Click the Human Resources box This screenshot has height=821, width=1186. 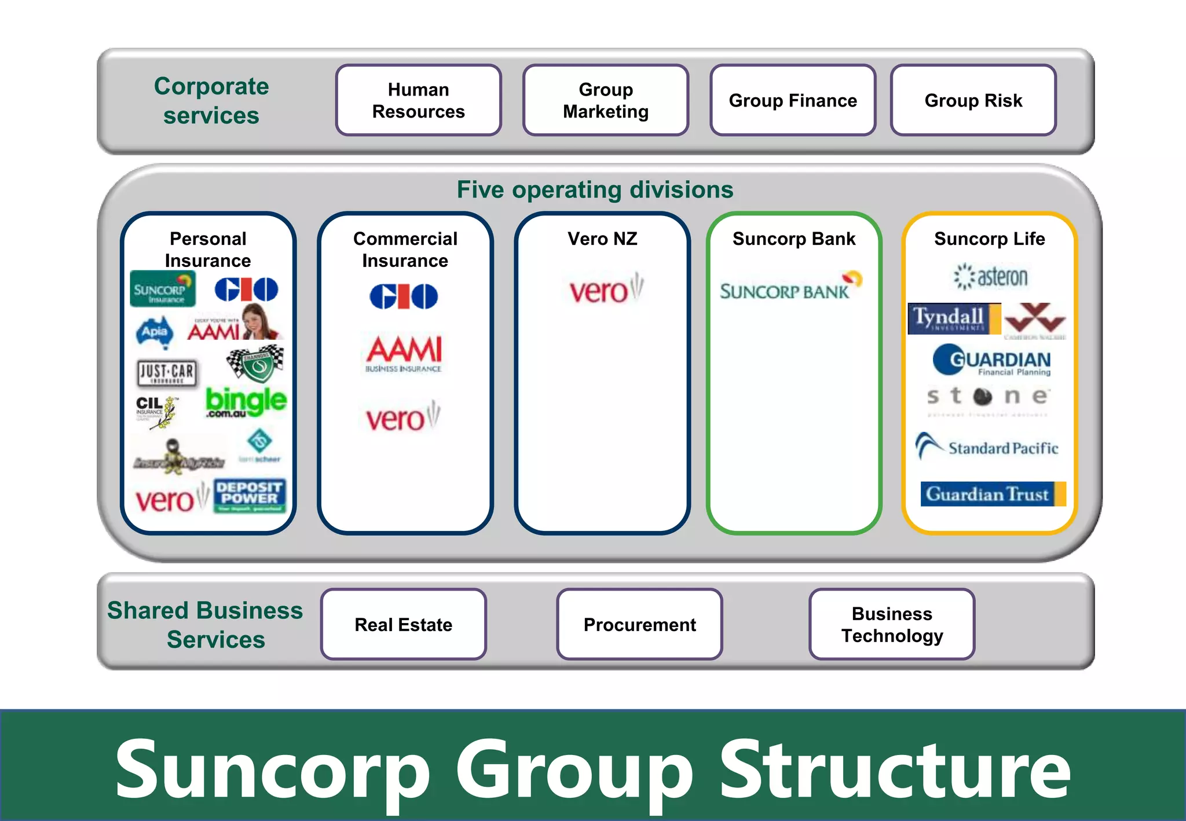pos(418,100)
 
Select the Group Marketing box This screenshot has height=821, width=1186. pos(606,100)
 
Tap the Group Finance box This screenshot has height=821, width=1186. pos(793,100)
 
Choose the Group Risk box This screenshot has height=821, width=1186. pos(973,100)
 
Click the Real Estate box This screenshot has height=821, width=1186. pos(403,624)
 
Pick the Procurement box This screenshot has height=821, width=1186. pos(639,624)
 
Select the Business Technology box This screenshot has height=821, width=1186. pos(892,624)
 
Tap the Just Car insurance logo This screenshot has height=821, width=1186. pos(167,373)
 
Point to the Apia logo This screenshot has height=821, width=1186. pos(155,332)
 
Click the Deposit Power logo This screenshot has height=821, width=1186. pos(250,495)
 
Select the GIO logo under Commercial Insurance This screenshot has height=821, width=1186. pos(404,296)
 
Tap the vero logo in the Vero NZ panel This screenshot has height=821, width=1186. pos(605,289)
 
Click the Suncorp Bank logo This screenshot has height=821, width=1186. pos(790,287)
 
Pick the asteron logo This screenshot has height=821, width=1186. pos(991,277)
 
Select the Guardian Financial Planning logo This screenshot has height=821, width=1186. pos(991,361)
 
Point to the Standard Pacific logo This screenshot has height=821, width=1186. pos(987,447)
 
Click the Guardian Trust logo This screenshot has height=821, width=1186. pos(993,494)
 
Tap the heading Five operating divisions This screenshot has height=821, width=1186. pos(595,190)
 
